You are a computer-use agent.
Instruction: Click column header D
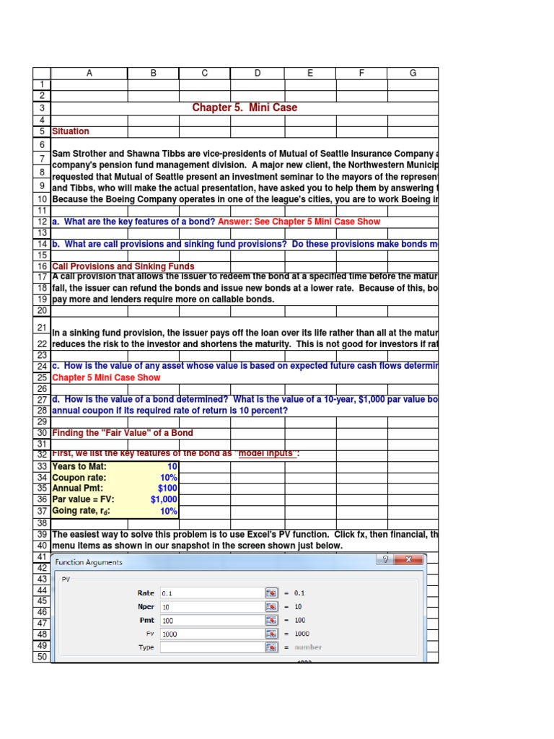point(257,73)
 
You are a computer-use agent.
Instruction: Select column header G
point(413,73)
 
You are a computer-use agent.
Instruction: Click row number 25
point(42,377)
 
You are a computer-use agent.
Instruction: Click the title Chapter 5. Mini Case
point(245,108)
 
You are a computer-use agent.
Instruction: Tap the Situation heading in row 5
point(71,131)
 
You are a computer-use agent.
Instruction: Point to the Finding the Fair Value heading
point(123,433)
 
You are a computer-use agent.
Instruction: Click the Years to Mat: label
point(79,466)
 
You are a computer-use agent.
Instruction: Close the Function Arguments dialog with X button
point(413,559)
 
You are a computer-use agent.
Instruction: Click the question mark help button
point(386,559)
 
